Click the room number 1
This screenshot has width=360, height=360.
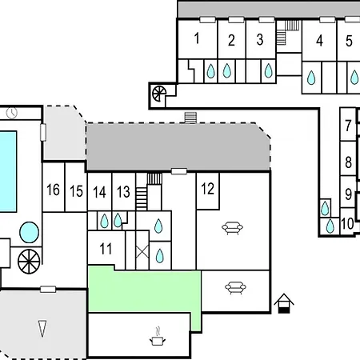pos(197,38)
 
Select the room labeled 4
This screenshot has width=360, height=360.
pos(319,41)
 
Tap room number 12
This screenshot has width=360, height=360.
pos(208,189)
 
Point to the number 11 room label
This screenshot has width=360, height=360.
pos(106,249)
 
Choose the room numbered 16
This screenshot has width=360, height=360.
pos(53,190)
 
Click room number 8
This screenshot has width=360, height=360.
pos(348,162)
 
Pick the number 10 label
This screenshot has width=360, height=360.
pos(347,224)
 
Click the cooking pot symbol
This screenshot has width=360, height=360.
pos(158,338)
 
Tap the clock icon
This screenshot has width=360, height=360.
pos(12,113)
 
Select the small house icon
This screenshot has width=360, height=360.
pos(284,303)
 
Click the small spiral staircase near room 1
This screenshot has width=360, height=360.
pos(159,94)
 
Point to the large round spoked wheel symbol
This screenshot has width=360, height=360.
pos(29,262)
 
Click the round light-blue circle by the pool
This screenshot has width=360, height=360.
pos(29,232)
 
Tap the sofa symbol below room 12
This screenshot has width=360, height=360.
pos(232,228)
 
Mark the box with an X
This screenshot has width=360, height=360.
pos(142,251)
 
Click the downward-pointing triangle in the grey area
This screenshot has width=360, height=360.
pos(42,329)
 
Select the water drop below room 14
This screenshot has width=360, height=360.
pos(104,221)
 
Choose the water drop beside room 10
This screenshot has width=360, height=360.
pos(330,226)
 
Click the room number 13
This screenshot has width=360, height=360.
pos(123,192)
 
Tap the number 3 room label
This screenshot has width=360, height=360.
pos(260,39)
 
